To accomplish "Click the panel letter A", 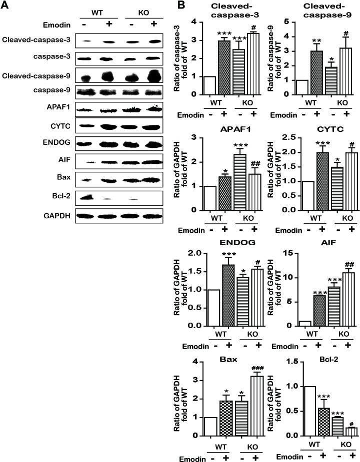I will point(6,6).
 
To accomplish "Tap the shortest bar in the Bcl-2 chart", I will point(340,431).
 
